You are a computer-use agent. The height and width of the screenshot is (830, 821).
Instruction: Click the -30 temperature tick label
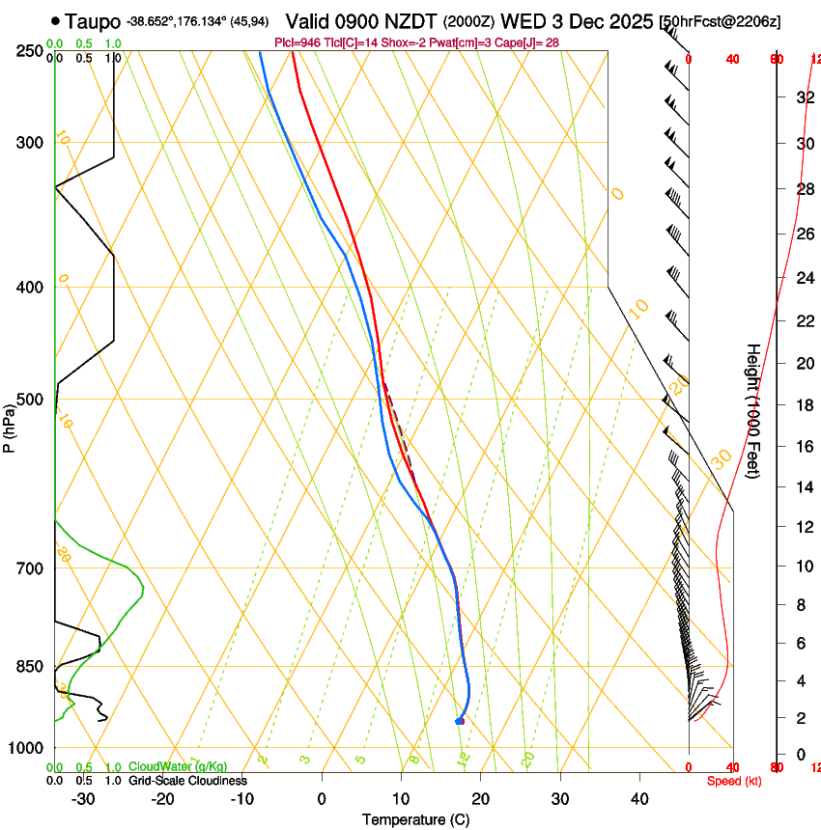pos(82,798)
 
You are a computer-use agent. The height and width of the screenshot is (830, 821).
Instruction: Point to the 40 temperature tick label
pos(638,798)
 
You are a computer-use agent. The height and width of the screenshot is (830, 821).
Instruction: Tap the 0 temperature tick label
pos(322,798)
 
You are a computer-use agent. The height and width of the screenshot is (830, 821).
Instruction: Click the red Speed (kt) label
pos(733,781)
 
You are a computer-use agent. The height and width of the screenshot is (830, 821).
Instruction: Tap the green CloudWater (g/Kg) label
pos(178,767)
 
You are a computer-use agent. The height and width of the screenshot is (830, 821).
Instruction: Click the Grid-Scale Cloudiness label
pos(187,781)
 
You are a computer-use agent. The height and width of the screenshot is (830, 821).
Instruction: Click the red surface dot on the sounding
pos(461,721)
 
